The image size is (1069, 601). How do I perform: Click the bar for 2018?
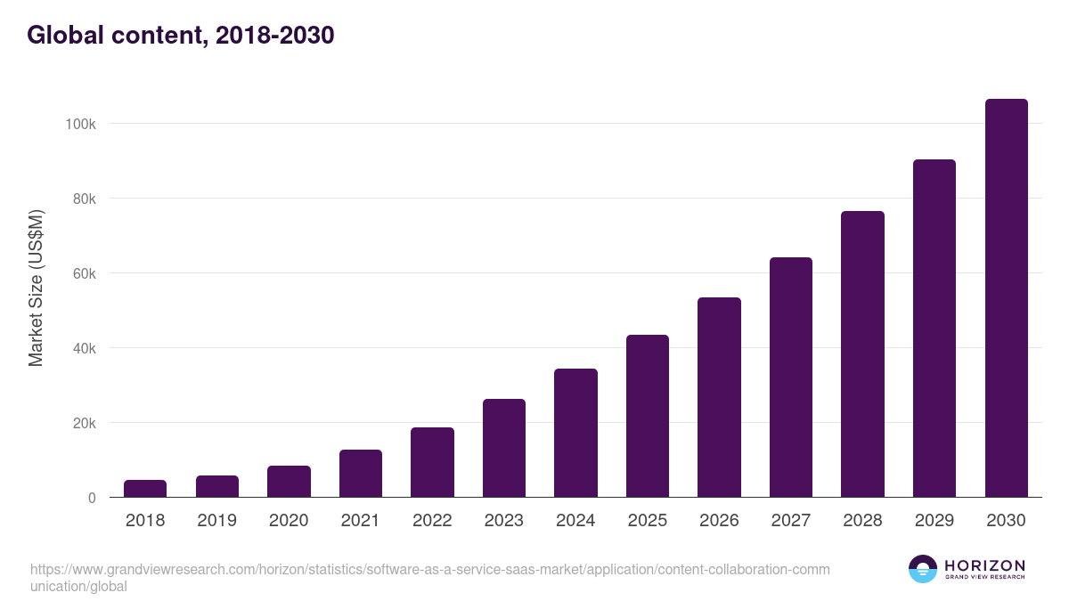click(x=145, y=489)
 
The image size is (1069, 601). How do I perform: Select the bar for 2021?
click(x=361, y=474)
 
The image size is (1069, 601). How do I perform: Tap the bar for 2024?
click(x=575, y=434)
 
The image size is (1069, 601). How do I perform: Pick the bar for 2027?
click(x=791, y=378)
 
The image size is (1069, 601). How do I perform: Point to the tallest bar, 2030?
click(x=1006, y=298)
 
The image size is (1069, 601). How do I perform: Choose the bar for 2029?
click(x=934, y=329)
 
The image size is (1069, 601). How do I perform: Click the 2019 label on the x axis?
click(x=216, y=521)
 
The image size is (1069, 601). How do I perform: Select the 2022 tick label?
click(x=432, y=521)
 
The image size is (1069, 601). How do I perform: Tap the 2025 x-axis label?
click(x=648, y=521)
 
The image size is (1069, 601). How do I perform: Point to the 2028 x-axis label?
click(x=862, y=521)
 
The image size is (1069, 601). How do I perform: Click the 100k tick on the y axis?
click(x=80, y=124)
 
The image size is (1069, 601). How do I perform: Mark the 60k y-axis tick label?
click(x=84, y=273)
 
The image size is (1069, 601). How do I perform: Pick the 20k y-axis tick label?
click(x=84, y=423)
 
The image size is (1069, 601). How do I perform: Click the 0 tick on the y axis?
click(x=92, y=498)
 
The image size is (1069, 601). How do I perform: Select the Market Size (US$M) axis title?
click(x=36, y=288)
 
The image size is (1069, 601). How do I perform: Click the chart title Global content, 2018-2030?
click(x=181, y=36)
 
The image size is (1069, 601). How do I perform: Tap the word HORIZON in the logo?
click(x=984, y=565)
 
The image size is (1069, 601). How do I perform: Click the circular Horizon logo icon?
click(x=923, y=569)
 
